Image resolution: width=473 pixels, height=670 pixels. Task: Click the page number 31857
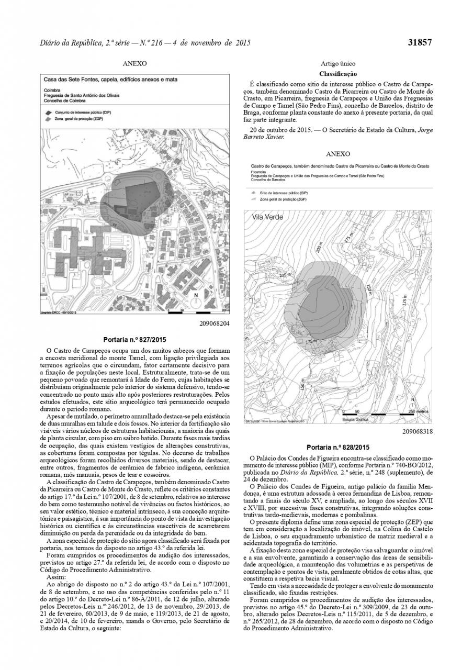click(420, 43)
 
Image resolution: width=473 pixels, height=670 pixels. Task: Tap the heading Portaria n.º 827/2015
click(134, 339)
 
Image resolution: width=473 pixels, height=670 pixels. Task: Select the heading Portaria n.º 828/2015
click(337, 447)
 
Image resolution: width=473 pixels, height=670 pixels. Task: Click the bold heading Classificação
click(337, 74)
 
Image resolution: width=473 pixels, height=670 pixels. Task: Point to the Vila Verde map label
click(267, 217)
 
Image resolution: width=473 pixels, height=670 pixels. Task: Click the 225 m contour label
click(285, 274)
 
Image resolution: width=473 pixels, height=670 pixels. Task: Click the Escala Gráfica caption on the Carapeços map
click(355, 419)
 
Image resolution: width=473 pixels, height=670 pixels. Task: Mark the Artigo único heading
click(337, 64)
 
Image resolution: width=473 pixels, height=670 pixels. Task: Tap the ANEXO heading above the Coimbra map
click(134, 64)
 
